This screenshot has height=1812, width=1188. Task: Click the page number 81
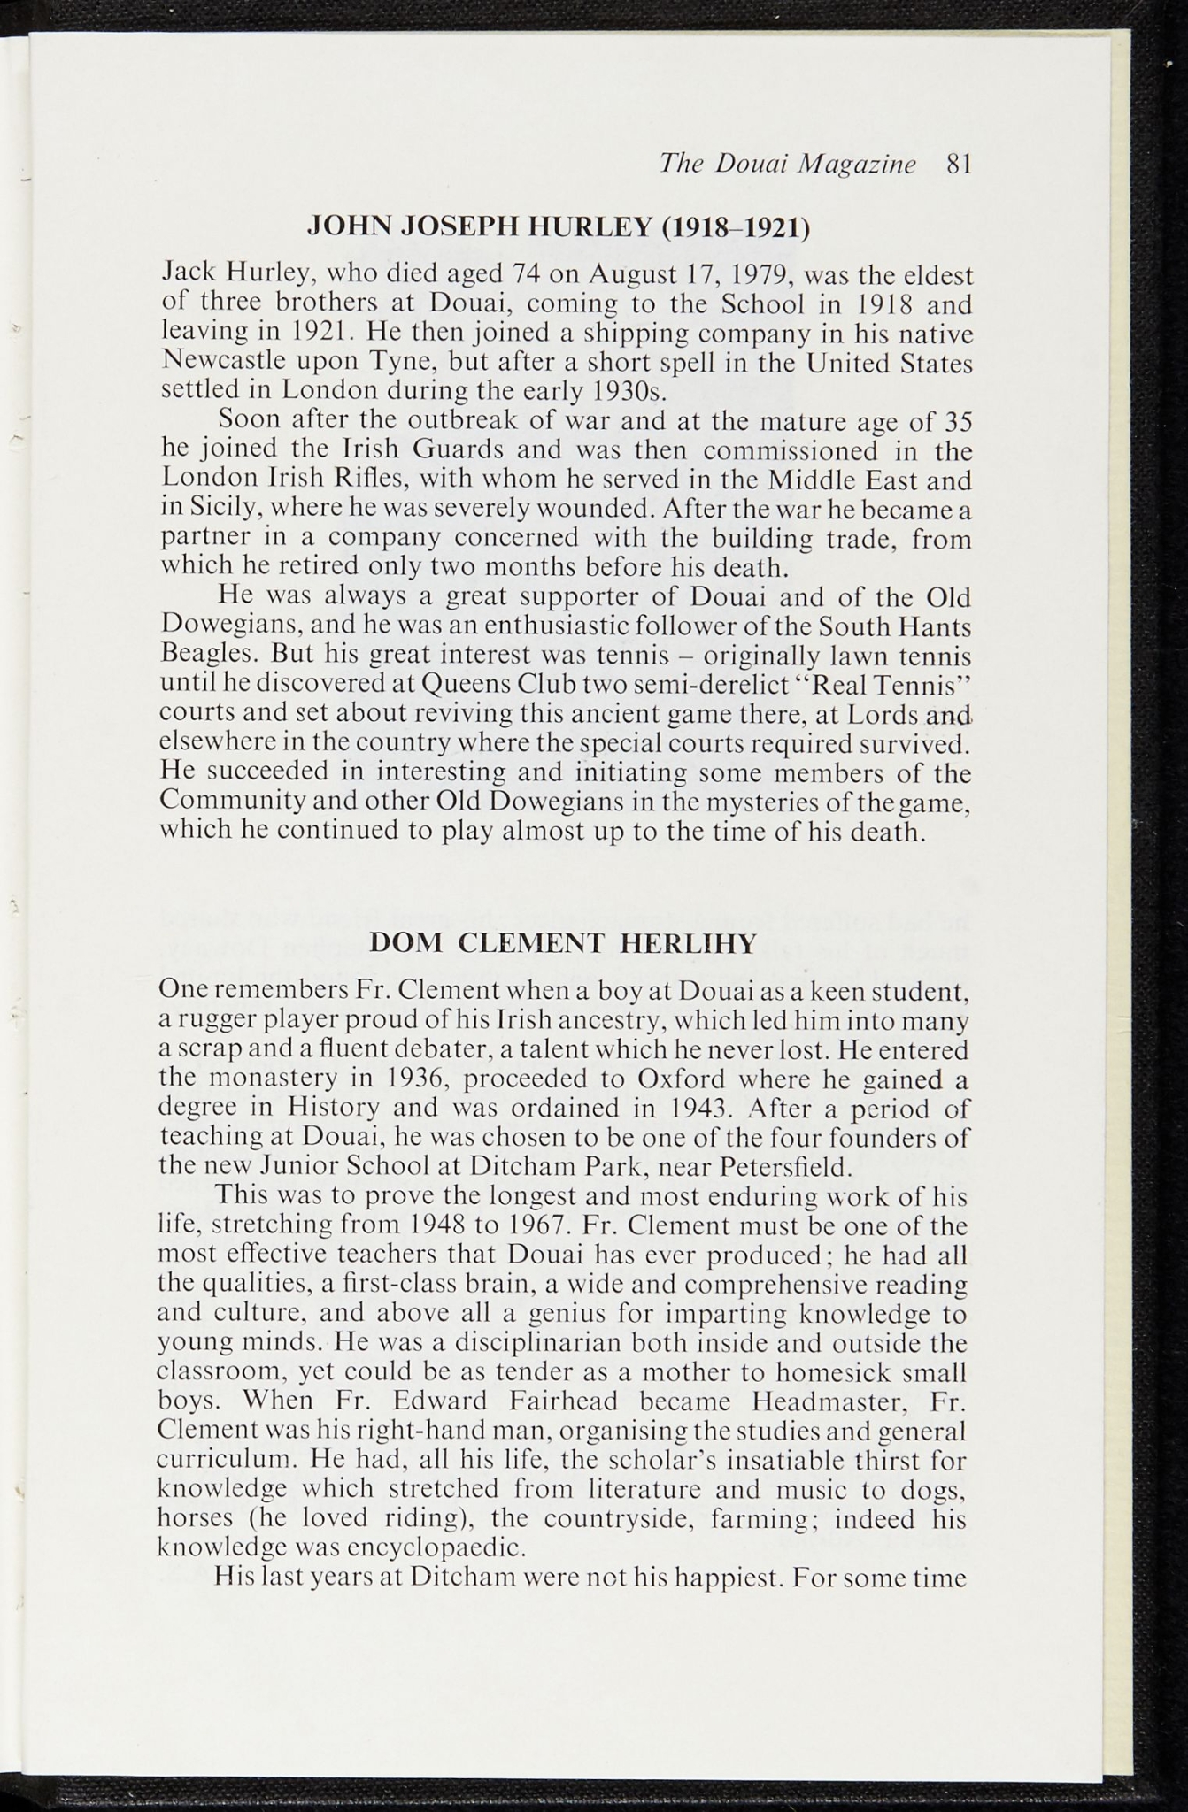coord(959,165)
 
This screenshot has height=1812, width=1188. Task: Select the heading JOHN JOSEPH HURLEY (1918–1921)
coord(559,228)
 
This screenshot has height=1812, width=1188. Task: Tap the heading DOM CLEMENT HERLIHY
coord(562,943)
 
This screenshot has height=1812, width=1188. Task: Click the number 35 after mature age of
coord(958,421)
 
